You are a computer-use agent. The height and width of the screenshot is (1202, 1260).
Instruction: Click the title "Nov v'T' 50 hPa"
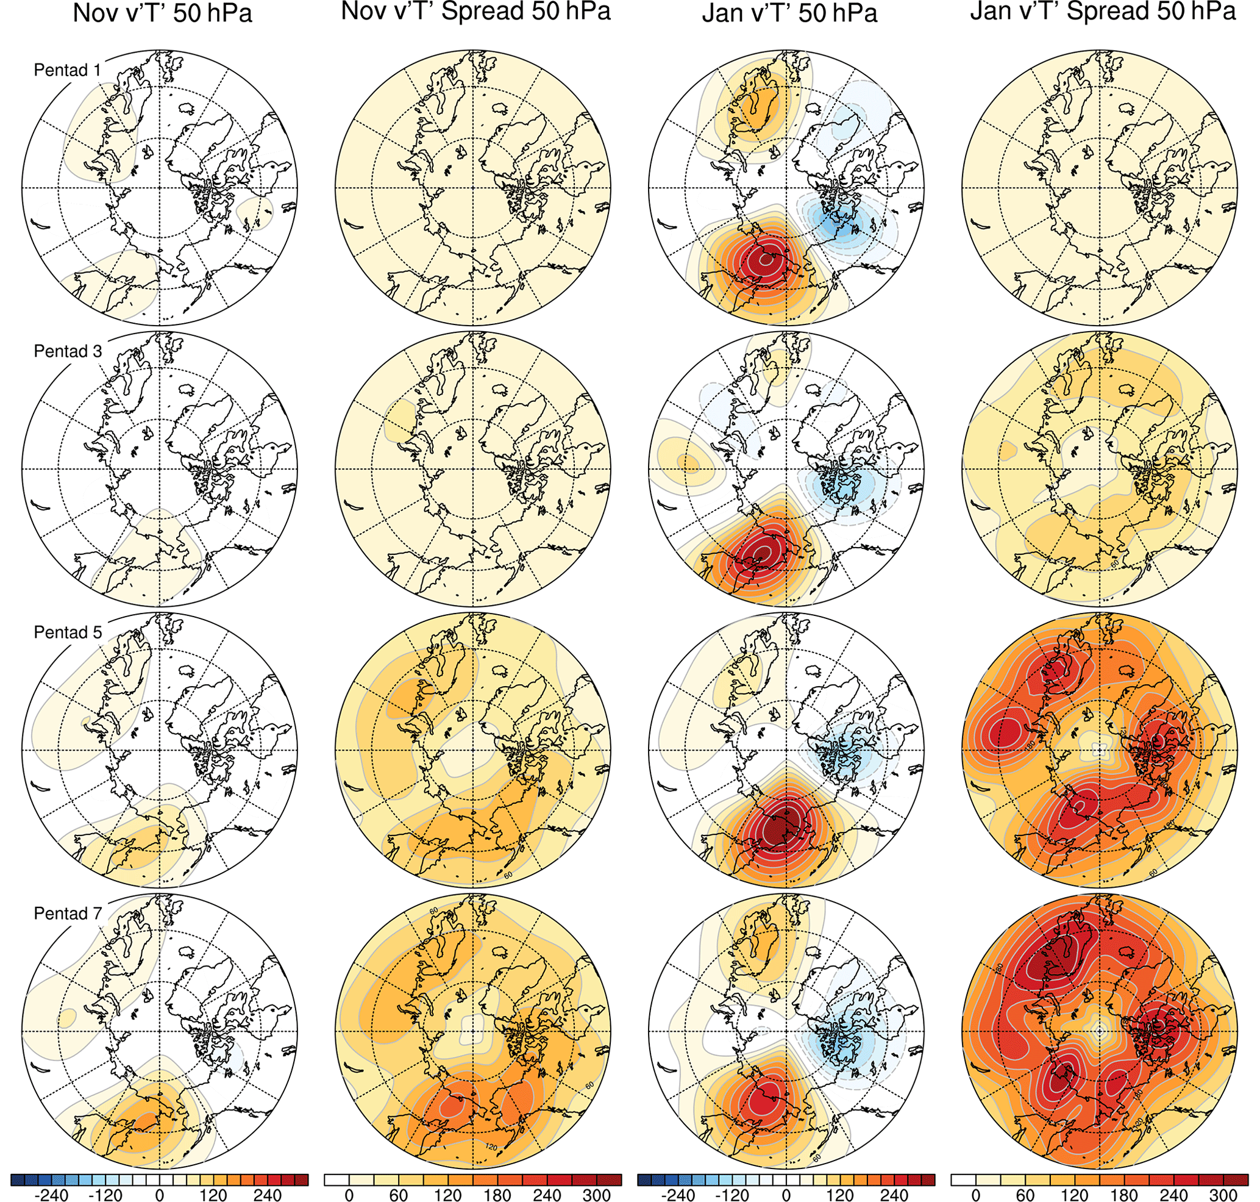162,13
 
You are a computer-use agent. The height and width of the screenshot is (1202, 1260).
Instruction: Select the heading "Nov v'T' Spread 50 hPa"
475,12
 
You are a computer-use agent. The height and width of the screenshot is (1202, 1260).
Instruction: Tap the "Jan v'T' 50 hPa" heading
789,13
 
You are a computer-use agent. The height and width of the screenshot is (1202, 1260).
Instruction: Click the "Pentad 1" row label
67,71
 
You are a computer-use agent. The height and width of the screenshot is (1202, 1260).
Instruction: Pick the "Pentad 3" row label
67,351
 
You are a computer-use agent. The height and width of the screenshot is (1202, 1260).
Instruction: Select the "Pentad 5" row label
67,632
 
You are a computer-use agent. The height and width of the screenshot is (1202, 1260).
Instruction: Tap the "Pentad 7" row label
67,914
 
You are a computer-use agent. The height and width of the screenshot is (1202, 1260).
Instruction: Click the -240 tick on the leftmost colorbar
52,1193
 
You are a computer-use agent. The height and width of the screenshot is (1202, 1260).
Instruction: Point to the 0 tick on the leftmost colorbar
160,1193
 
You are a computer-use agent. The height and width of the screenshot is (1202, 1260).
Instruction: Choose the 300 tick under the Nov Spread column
596,1193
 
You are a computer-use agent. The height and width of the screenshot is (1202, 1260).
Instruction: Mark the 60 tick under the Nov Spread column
399,1193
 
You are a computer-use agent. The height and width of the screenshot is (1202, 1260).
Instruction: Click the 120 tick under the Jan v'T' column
840,1193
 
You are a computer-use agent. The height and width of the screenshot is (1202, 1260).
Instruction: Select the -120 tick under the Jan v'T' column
732,1193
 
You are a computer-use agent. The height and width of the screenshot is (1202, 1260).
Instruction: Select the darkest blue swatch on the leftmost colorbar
17,1179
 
